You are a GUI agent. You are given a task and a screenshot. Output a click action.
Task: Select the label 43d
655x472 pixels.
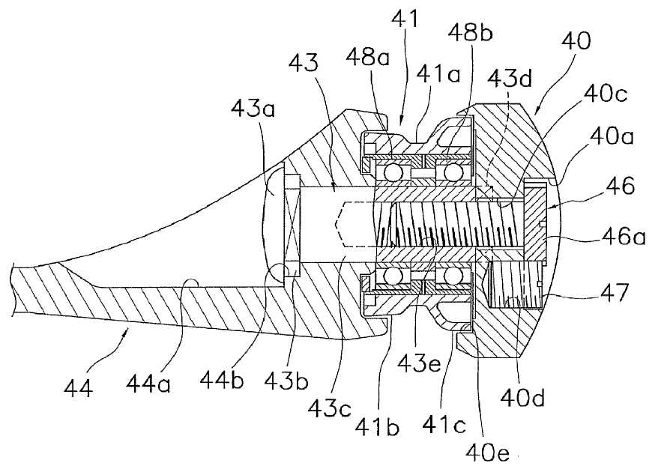[512, 77]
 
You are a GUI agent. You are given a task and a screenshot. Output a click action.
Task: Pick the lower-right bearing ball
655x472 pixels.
[453, 277]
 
